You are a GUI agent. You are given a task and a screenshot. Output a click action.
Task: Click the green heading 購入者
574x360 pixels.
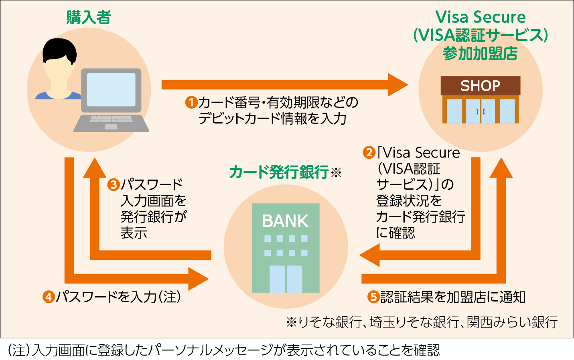(88, 17)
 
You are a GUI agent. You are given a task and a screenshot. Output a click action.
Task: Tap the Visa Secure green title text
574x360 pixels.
(480, 17)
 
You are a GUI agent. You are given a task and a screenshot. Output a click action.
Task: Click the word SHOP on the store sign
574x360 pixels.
(480, 86)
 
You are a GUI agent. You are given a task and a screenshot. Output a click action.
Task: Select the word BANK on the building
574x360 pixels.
(285, 221)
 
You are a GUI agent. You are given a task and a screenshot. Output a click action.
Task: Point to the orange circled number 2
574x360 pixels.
(369, 152)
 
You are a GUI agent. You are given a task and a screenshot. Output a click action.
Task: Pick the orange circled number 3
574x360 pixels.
(114, 184)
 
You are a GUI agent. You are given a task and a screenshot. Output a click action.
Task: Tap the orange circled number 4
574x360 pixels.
(49, 297)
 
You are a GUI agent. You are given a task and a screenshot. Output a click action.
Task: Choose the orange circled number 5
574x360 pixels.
(373, 297)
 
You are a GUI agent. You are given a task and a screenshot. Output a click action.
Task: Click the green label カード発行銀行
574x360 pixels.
(279, 172)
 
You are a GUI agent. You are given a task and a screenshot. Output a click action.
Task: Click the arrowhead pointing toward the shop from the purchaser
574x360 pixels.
(397, 85)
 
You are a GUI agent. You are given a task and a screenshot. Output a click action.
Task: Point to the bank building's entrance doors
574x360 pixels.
(286, 279)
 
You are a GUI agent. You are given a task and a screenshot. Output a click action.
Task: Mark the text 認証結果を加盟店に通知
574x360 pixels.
(453, 297)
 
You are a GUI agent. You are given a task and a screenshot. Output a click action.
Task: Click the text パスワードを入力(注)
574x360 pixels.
(118, 297)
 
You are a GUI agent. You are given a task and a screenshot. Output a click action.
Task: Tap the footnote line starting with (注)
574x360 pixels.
(224, 350)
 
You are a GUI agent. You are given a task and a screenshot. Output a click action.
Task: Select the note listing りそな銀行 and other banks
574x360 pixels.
(422, 322)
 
